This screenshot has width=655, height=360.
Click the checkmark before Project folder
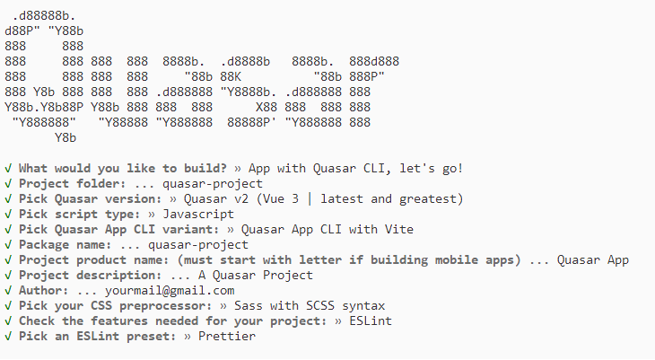click(8, 184)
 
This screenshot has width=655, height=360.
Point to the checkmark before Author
click(8, 291)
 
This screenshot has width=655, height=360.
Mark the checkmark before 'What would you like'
click(8, 169)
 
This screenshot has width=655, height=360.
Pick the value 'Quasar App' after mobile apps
click(593, 260)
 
